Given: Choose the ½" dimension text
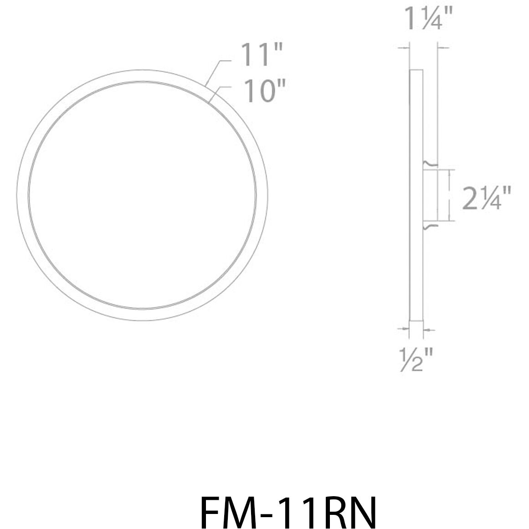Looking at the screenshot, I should [415, 359].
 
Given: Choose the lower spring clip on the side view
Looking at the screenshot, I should [430, 226].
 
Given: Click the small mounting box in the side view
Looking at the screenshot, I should [430, 195].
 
